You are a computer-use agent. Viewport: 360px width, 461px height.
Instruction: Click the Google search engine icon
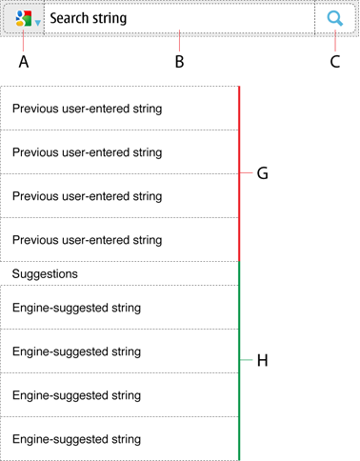point(24,18)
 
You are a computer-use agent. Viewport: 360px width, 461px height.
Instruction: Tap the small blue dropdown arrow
point(38,23)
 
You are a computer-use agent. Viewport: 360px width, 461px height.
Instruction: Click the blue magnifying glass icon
point(335,18)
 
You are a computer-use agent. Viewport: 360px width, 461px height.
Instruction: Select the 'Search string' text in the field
point(89,18)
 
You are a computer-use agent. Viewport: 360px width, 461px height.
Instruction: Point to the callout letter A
point(24,62)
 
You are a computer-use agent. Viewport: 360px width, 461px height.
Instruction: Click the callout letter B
point(179,62)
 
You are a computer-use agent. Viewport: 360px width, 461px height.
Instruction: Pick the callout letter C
point(335,62)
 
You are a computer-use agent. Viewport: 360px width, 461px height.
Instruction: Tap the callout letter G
point(262,173)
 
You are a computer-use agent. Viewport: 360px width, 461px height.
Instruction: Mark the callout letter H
point(262,360)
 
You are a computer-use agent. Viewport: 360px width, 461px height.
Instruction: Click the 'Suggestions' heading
point(45,273)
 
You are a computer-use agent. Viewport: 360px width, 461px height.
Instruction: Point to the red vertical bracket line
point(239,173)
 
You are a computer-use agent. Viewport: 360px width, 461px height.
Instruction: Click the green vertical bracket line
point(239,361)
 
